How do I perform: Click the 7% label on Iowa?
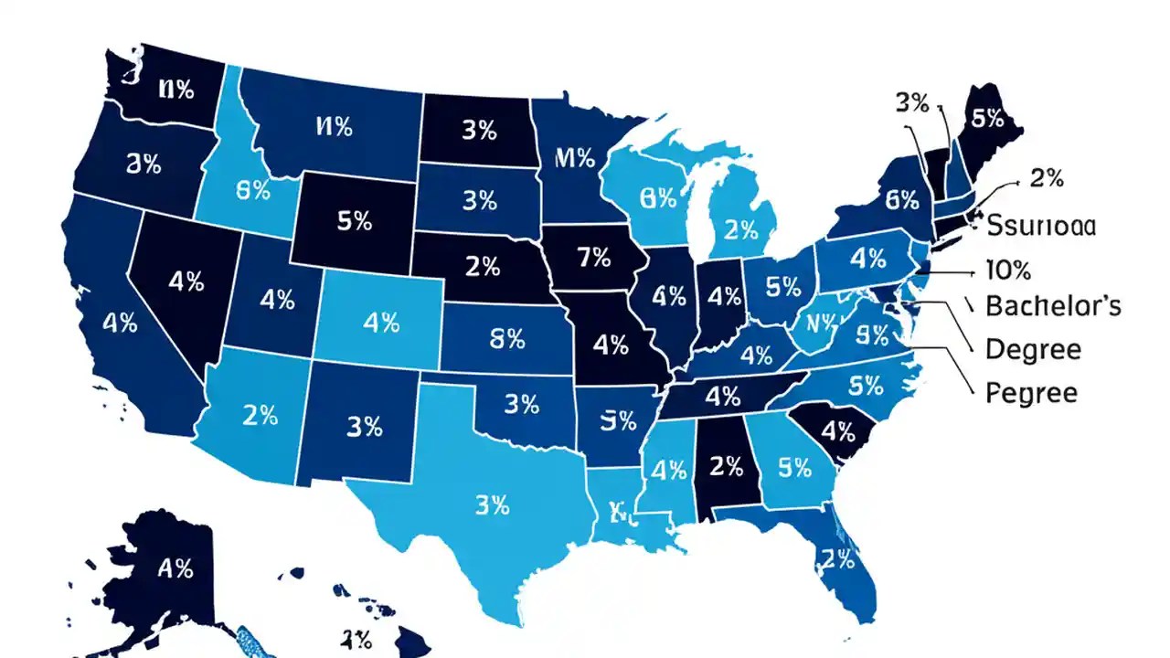[x=594, y=258]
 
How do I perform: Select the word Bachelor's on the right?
[x=1053, y=306]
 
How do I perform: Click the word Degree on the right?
[x=1033, y=349]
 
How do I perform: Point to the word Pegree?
[x=1032, y=394]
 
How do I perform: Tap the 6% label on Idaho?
[x=252, y=191]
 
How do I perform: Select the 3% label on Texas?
[x=493, y=505]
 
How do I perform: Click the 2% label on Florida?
[x=837, y=558]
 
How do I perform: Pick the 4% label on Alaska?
[x=175, y=568]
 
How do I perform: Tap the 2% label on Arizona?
[x=260, y=415]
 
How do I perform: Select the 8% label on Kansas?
[x=508, y=339]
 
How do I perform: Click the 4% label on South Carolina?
[x=837, y=432]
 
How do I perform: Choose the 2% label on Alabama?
[x=726, y=466]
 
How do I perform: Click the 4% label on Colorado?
[x=381, y=322]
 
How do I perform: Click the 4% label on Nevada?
[x=186, y=281]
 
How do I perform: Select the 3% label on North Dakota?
[x=479, y=131]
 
